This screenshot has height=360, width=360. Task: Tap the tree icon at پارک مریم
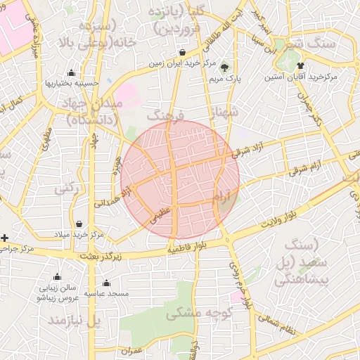(x=224, y=67)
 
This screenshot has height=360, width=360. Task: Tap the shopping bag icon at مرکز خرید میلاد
(x=79, y=224)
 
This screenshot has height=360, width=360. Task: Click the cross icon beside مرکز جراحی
(x=5, y=238)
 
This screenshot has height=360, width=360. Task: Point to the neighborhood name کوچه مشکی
(x=196, y=314)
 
